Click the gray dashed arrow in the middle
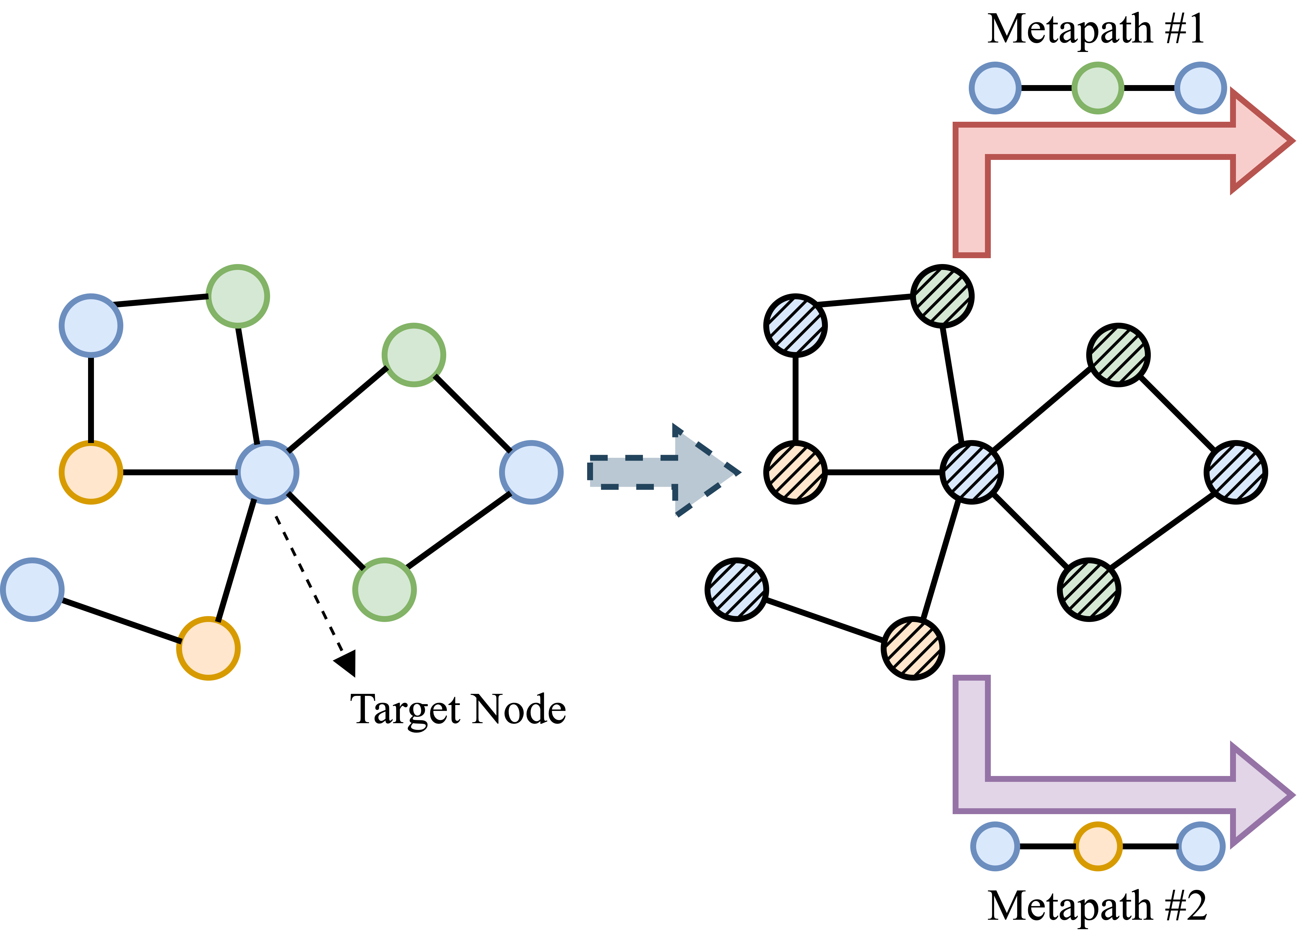tap(658, 472)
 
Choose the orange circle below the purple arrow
tap(1097, 846)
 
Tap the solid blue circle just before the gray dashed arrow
tap(531, 472)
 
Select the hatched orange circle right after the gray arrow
tap(796, 472)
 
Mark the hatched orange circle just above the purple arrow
tap(913, 648)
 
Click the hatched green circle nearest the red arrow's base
tap(942, 296)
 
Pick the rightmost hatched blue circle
tap(1236, 472)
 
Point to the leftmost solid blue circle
tap(32, 589)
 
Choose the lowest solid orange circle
tap(208, 648)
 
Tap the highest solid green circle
tap(237, 296)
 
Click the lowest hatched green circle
tap(1089, 589)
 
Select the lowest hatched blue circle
tap(737, 589)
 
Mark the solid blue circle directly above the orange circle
tap(91, 326)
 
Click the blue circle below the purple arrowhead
tap(1200, 846)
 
